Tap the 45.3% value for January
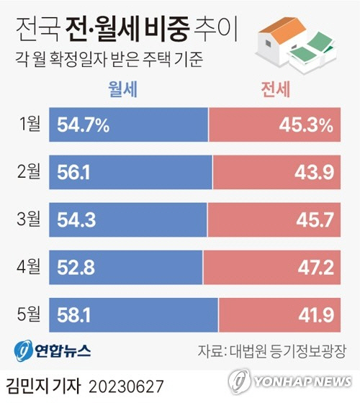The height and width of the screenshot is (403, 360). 305,126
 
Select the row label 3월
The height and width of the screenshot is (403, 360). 30,219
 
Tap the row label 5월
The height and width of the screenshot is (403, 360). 30,314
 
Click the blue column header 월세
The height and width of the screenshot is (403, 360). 122,90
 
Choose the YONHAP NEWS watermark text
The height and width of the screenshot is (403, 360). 302,381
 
